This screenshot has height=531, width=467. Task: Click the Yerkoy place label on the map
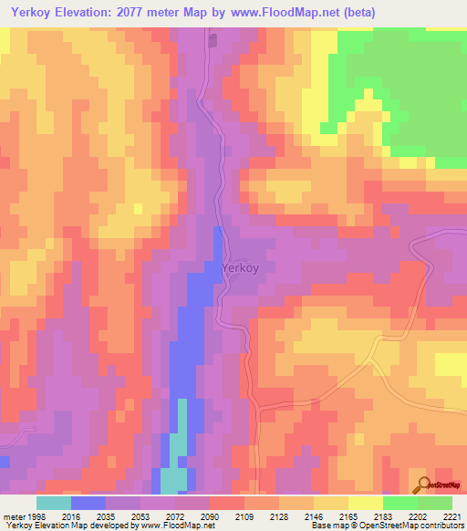tap(241, 268)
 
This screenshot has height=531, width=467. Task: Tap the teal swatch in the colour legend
tap(54, 503)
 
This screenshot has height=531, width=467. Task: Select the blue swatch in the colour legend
tap(88, 503)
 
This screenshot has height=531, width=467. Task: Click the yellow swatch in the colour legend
tap(365, 503)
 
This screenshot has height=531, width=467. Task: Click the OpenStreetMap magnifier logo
tap(422, 486)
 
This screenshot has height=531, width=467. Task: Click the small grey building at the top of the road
tap(213, 39)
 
